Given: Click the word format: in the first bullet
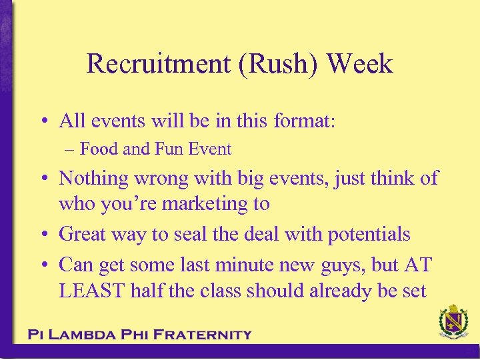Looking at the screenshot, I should coord(305,121).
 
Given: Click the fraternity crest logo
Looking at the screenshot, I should coord(453,323).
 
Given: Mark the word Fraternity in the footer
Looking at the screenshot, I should coord(203,335).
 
